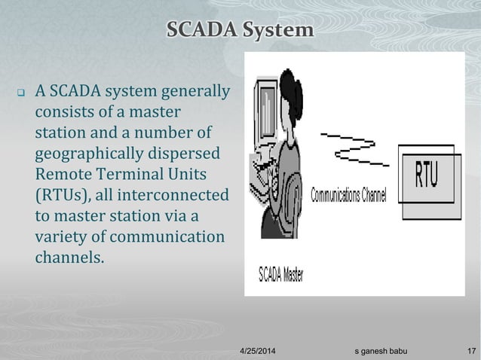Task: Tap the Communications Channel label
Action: click(x=348, y=196)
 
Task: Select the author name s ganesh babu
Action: click(x=384, y=350)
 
